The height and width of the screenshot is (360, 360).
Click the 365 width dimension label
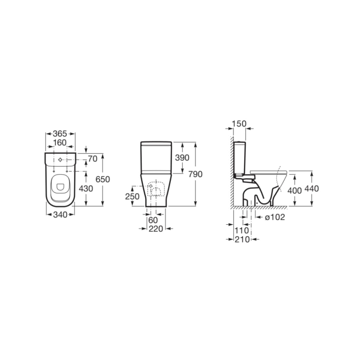pos(60,134)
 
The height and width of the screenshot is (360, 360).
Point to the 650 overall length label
pos(102,179)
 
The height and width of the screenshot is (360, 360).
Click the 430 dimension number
pos(86,188)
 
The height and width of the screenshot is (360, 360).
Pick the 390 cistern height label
pos(182,158)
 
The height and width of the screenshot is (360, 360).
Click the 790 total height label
pos(195,174)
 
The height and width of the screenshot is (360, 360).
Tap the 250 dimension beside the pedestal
pos(132,196)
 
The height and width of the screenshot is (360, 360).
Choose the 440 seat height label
pos(311,188)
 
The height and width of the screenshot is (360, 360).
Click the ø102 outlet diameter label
pos(275,217)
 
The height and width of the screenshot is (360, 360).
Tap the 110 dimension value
pos(241,230)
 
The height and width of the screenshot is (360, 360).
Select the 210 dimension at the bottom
pos(241,239)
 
